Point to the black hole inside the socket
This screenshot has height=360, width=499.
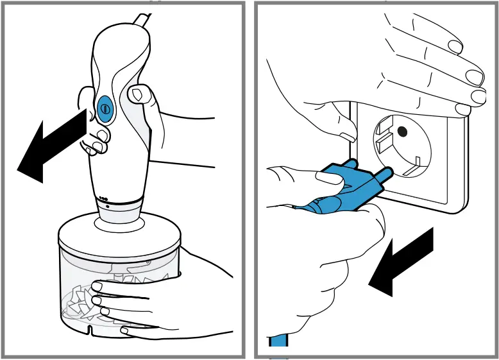(x=403, y=132)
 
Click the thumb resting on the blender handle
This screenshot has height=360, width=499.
(x=138, y=96)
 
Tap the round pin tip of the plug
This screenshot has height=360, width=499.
(x=388, y=172)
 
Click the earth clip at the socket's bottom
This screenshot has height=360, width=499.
(x=416, y=160)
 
